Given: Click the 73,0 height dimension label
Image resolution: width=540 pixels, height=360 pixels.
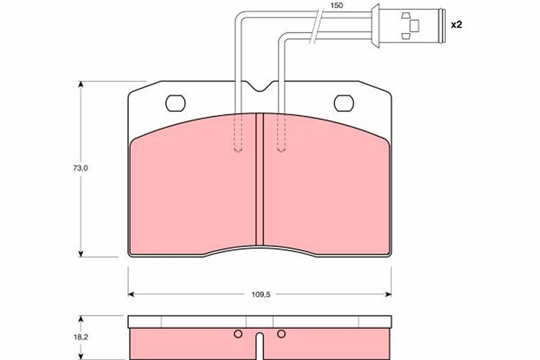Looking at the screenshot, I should (81, 168).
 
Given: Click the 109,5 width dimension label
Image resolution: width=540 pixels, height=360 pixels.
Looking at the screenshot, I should (260, 294).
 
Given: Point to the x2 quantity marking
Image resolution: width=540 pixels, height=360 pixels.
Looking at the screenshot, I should (456, 25).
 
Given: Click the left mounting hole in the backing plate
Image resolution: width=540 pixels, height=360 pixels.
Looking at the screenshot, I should (175, 103).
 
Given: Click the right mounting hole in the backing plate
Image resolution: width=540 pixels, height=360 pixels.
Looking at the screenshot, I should (344, 103).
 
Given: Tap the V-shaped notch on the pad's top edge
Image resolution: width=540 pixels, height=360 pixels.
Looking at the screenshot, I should (260, 86).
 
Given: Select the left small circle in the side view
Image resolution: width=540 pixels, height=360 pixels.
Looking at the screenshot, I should (238, 333).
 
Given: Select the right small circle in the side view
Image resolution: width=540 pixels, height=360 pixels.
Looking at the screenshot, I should (281, 333).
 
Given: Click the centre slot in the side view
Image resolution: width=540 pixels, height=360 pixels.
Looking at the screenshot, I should (260, 346).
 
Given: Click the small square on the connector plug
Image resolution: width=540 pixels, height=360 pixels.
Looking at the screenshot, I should (414, 26).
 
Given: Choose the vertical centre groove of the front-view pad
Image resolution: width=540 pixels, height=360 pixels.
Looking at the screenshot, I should (259, 180).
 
